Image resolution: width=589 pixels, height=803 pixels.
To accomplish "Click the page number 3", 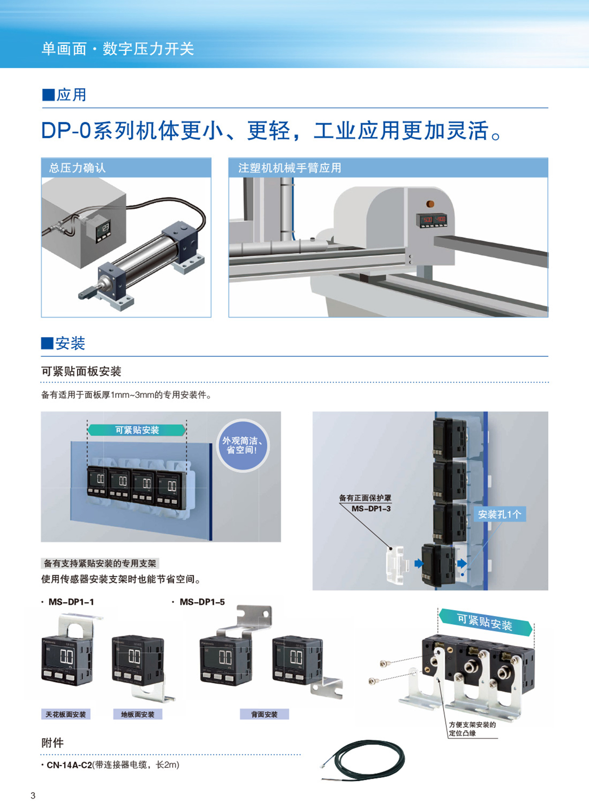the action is [33, 796].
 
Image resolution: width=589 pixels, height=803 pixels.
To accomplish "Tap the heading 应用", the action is [71, 95].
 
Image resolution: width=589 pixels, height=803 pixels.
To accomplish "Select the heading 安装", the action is [70, 343].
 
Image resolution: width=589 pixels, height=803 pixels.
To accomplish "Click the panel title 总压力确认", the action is [78, 168].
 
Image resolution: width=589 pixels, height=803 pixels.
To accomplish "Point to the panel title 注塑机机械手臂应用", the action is [290, 168].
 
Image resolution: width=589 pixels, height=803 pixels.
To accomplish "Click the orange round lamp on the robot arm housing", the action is [430, 204].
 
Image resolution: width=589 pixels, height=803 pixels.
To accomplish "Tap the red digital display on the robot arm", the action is [431, 219].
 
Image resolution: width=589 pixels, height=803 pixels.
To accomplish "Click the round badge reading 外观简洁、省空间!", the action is [243, 445].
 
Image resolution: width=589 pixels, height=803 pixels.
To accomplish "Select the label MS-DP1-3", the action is [371, 508].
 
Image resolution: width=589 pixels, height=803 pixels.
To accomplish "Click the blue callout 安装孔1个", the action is [499, 515].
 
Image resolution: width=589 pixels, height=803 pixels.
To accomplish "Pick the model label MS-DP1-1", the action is [71, 602].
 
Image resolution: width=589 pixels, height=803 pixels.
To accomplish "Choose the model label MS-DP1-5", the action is [202, 602].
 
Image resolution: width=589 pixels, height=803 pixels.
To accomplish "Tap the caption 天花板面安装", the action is [66, 714].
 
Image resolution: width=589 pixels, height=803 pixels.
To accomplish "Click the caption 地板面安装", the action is [138, 714].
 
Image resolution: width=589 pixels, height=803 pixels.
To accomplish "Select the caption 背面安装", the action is [264, 714].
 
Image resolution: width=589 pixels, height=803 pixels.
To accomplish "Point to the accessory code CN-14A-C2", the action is [69, 764].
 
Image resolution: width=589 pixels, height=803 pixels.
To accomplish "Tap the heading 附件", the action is [52, 743].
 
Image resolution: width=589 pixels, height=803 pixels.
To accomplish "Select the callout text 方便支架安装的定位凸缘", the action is [472, 729].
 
